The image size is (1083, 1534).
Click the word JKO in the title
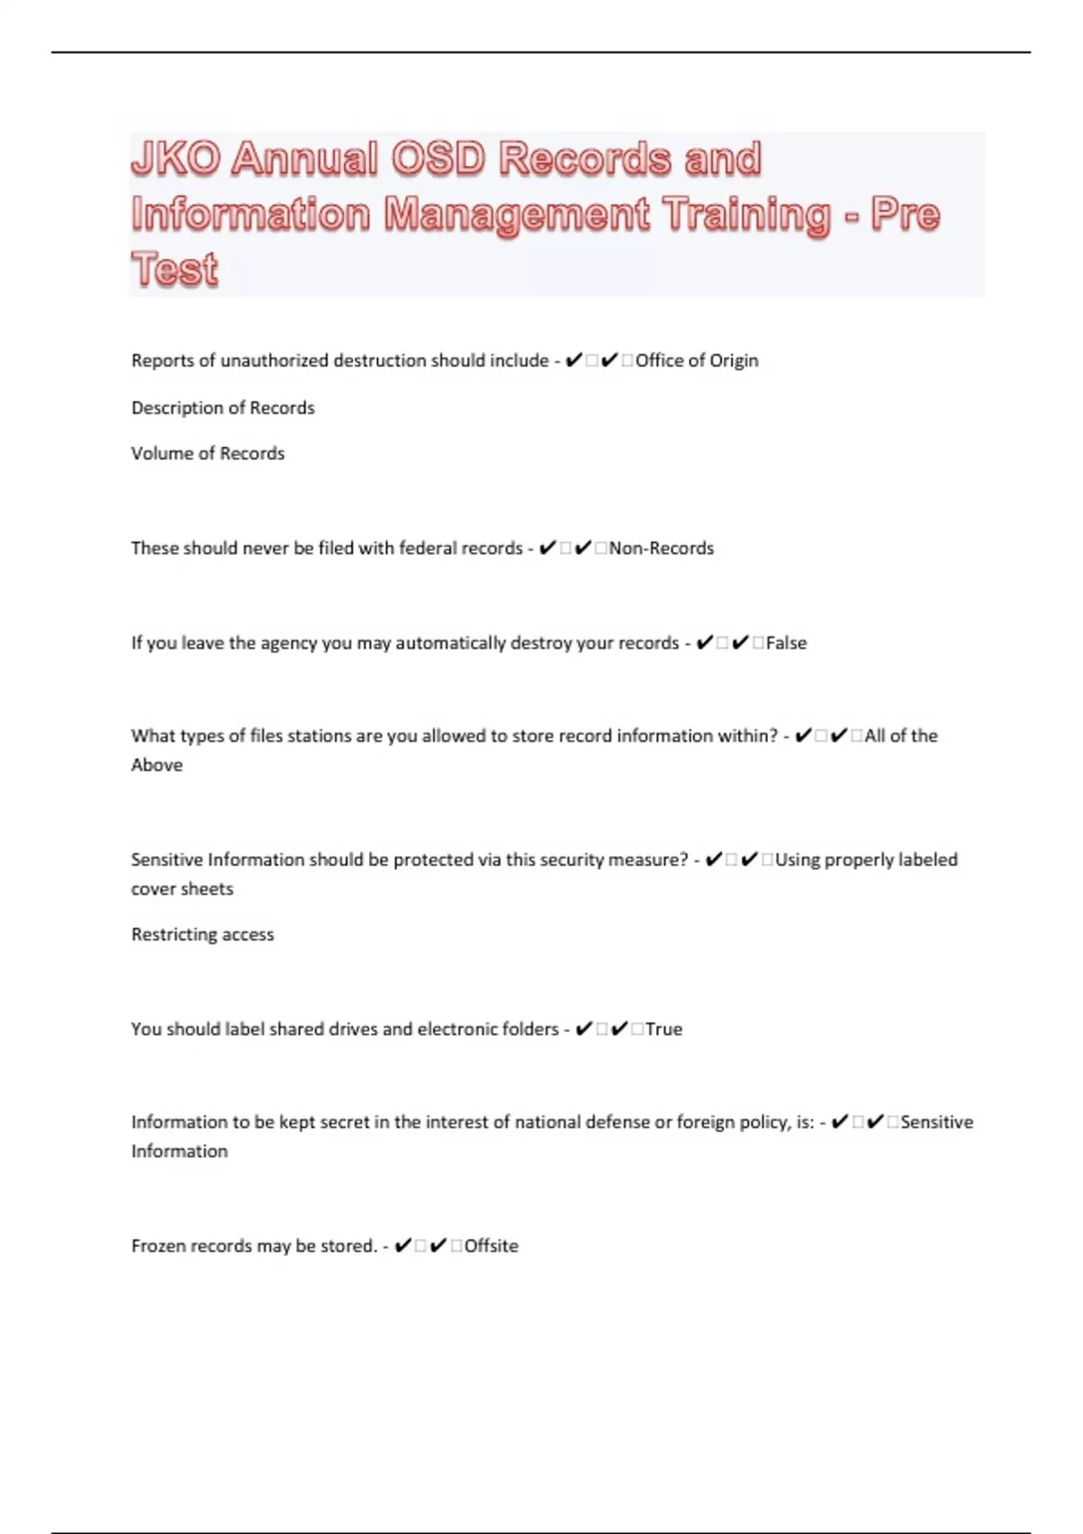point(175,159)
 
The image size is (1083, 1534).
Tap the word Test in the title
point(175,269)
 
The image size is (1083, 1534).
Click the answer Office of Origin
point(697,361)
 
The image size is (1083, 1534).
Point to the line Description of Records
point(223,408)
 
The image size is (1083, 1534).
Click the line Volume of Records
point(208,454)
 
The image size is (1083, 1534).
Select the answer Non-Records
point(661,549)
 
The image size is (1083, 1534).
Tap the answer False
point(786,643)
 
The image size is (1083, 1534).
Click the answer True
point(663,1030)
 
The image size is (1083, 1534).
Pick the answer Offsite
point(491,1246)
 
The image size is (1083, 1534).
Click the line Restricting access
point(202,935)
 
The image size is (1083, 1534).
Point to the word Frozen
point(159,1246)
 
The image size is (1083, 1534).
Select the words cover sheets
point(182,889)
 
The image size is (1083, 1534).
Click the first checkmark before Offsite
point(403,1246)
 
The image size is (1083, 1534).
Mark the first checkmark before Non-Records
point(547,549)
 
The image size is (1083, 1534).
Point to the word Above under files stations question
point(157,765)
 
